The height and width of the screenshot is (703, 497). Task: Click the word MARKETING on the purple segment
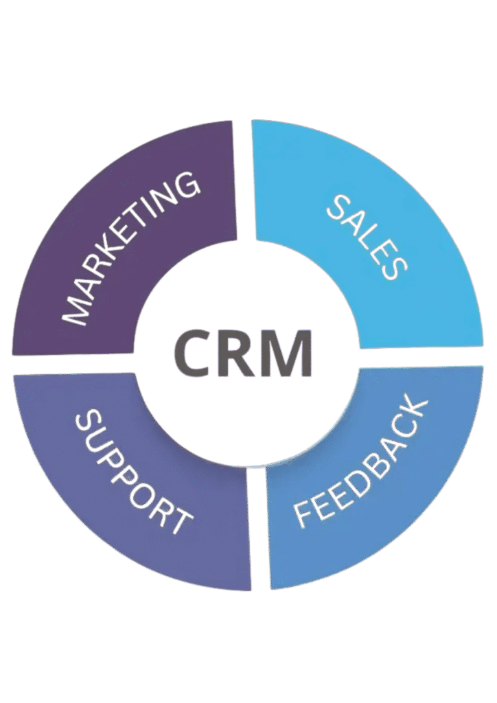130,249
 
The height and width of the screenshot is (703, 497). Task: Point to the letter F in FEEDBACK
305,514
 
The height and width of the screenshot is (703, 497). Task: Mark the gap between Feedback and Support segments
259,529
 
